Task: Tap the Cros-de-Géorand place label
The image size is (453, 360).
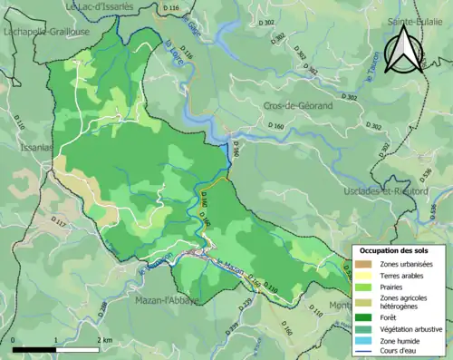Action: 299,106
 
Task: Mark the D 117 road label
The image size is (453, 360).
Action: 60,220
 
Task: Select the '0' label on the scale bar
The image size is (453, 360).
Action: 14,340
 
